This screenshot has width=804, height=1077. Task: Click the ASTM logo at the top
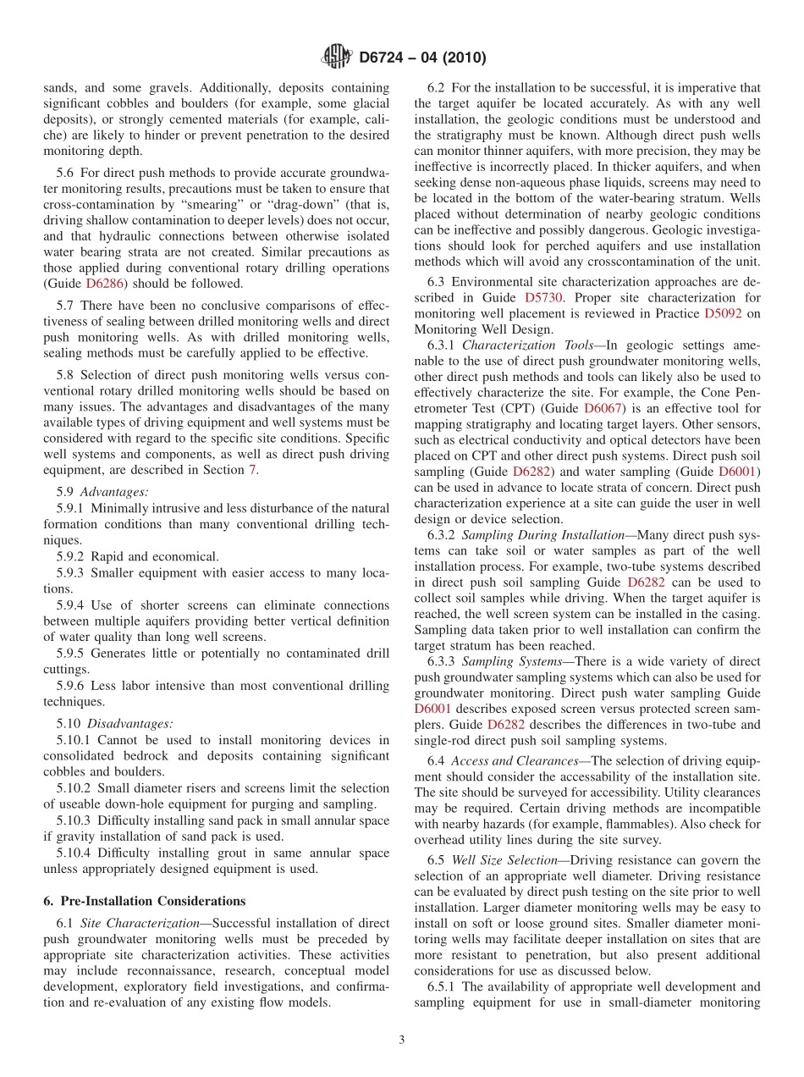337,58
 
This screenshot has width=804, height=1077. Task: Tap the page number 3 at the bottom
402,1041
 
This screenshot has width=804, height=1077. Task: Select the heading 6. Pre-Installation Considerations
145,900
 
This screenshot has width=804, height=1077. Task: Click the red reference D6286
105,284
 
